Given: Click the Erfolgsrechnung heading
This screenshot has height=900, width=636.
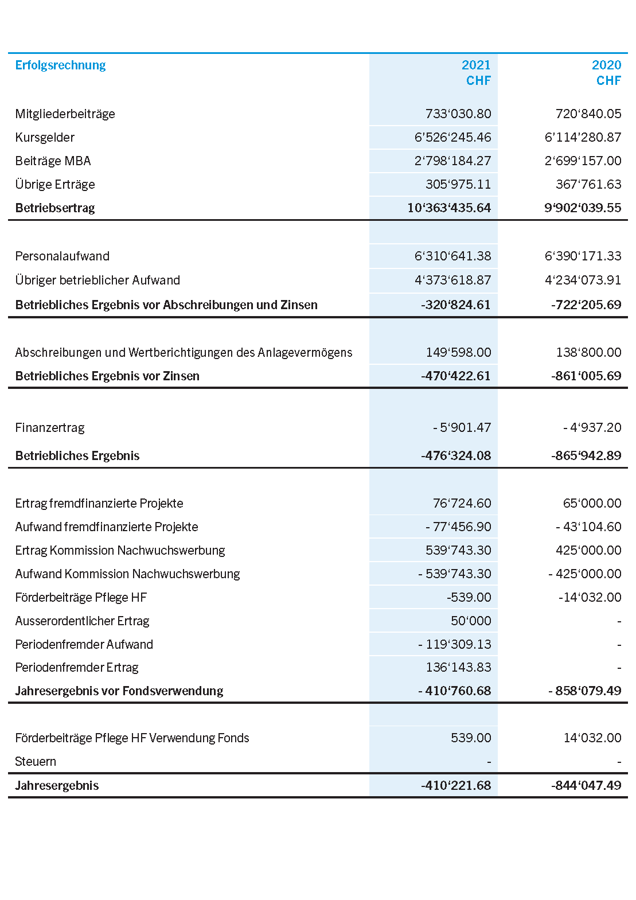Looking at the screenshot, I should (x=60, y=65).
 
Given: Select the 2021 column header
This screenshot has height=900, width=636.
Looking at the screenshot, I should (x=476, y=65).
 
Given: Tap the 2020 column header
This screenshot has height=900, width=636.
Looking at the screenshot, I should (x=606, y=65).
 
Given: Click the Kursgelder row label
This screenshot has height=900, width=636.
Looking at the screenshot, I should (x=45, y=138).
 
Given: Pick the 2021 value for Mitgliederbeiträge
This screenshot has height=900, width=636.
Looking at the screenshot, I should (x=458, y=114).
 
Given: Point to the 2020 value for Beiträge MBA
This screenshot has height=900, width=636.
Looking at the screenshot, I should (x=583, y=161).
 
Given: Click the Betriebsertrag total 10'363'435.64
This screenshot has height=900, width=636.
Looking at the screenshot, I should (x=449, y=208).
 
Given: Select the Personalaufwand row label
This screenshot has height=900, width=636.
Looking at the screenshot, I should (x=62, y=256).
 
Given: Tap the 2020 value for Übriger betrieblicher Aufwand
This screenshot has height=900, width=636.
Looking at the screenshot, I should (x=583, y=280).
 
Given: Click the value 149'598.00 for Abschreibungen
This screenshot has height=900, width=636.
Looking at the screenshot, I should (x=458, y=352).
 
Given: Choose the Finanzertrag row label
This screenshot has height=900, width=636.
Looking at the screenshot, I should (x=50, y=428).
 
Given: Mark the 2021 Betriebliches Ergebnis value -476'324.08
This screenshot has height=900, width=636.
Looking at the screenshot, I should (x=456, y=456).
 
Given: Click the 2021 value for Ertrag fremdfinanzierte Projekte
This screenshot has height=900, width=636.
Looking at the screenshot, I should (x=462, y=504).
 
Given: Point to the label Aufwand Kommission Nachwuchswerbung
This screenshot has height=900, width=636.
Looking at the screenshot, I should (x=127, y=574).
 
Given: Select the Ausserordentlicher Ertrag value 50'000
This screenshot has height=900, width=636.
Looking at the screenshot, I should (x=471, y=621).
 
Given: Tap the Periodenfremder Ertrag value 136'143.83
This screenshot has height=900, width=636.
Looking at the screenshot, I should (x=458, y=668).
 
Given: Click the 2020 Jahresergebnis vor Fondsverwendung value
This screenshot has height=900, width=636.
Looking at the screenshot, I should (x=584, y=691).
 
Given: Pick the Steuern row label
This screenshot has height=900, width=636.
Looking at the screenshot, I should (x=36, y=762).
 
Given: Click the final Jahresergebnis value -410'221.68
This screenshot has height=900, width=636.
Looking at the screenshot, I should (x=456, y=786).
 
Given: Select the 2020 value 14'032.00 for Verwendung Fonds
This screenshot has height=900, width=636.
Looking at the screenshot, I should (x=592, y=738).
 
